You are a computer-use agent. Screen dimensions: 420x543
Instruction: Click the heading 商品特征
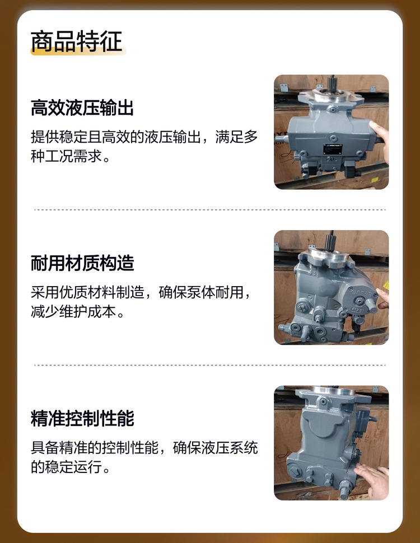click(x=77, y=41)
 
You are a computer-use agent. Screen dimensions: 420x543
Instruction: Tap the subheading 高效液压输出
click(x=82, y=107)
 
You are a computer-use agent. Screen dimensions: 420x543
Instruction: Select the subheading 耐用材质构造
click(x=82, y=263)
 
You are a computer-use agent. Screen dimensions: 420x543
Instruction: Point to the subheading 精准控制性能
click(x=82, y=418)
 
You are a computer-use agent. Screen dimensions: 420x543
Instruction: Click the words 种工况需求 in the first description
click(x=66, y=156)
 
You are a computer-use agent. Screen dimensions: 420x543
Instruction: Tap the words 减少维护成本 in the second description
click(x=73, y=312)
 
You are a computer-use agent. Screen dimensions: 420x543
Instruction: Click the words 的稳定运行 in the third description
click(x=66, y=467)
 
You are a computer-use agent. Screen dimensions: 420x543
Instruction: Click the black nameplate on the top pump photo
click(x=333, y=149)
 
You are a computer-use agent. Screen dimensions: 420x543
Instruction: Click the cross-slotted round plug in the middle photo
click(x=302, y=307)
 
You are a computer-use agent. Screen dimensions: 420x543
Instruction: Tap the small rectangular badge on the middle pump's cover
click(x=357, y=310)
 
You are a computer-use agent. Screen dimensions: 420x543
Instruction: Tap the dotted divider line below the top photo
click(x=210, y=209)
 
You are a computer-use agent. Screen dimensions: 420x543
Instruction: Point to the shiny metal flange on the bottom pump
click(x=333, y=390)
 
